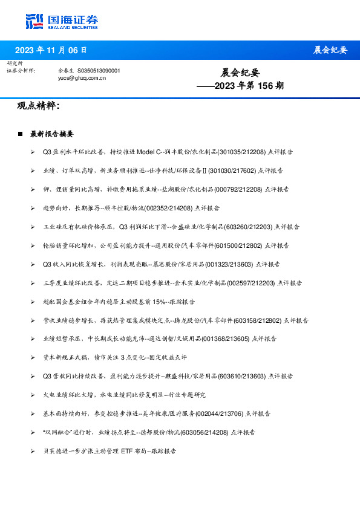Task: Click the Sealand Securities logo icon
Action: (34, 21)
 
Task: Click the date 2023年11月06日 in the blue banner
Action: (50, 50)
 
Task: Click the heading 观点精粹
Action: (38, 106)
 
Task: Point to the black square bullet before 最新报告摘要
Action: (21, 133)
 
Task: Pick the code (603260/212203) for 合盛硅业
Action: (249, 227)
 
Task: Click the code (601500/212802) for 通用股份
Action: (244, 245)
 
